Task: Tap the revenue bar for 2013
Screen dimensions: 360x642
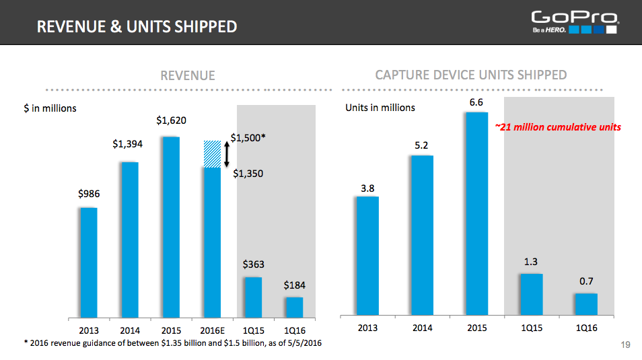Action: pos(89,262)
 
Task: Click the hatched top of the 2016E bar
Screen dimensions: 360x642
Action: pos(212,153)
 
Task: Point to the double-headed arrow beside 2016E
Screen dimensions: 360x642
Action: pos(227,154)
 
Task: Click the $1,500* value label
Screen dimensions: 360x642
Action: pos(248,138)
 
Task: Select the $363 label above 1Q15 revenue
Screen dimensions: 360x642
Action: pos(253,265)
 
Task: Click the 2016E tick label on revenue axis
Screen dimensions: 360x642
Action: pos(212,330)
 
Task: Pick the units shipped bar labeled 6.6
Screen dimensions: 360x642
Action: pos(476,213)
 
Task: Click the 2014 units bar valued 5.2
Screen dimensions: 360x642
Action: pos(422,235)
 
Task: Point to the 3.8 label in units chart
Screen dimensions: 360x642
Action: pos(367,188)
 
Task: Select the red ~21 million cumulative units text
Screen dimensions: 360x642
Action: pos(558,127)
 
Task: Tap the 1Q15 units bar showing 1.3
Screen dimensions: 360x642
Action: pos(531,294)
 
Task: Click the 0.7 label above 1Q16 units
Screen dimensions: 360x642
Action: pos(586,281)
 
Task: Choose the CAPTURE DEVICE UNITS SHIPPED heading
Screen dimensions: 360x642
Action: pos(471,75)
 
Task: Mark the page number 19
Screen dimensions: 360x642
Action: pos(625,345)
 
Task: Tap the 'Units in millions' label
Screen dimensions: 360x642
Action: pos(380,108)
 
